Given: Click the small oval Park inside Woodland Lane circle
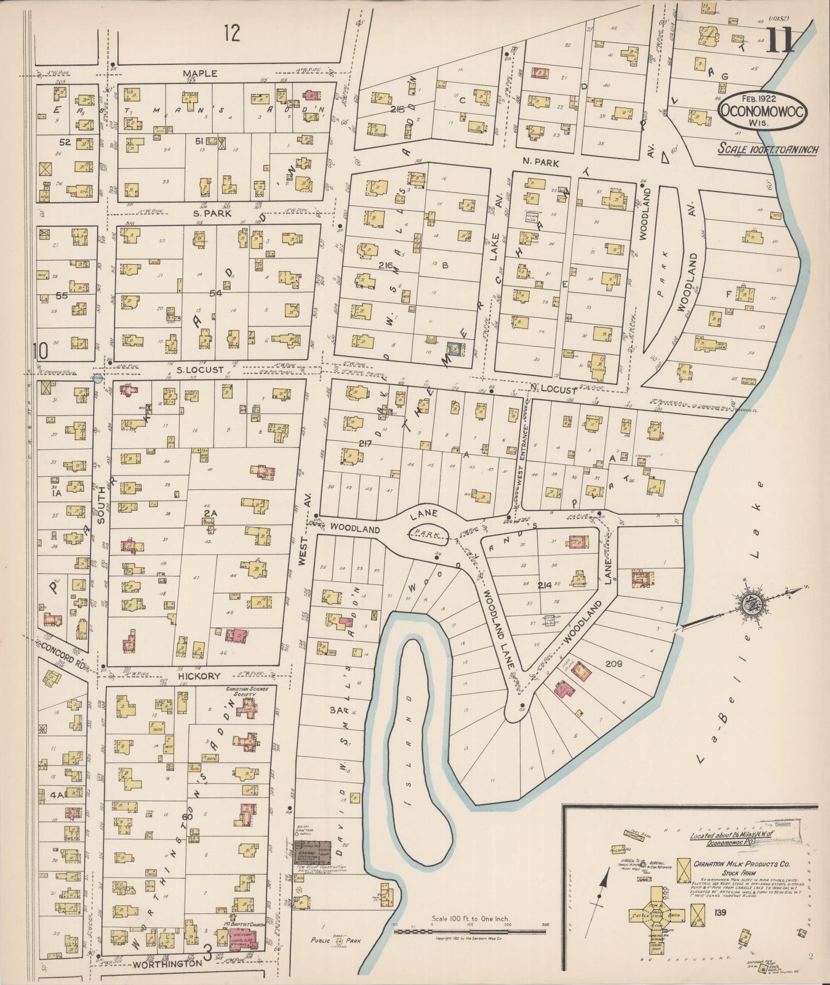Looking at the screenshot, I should [x=428, y=535].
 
